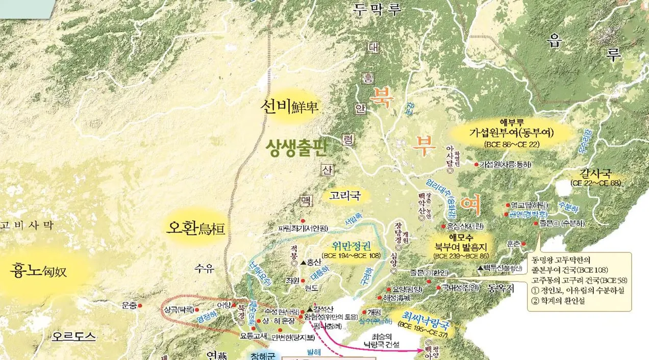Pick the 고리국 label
[x=345, y=195]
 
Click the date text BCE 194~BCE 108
[x=351, y=255]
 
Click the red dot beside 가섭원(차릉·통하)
[x=476, y=165]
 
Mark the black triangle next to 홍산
[x=303, y=263]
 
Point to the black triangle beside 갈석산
[x=309, y=308]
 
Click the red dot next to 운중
[x=140, y=305]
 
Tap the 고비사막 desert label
[x=26, y=225]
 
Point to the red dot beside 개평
[x=364, y=312]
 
